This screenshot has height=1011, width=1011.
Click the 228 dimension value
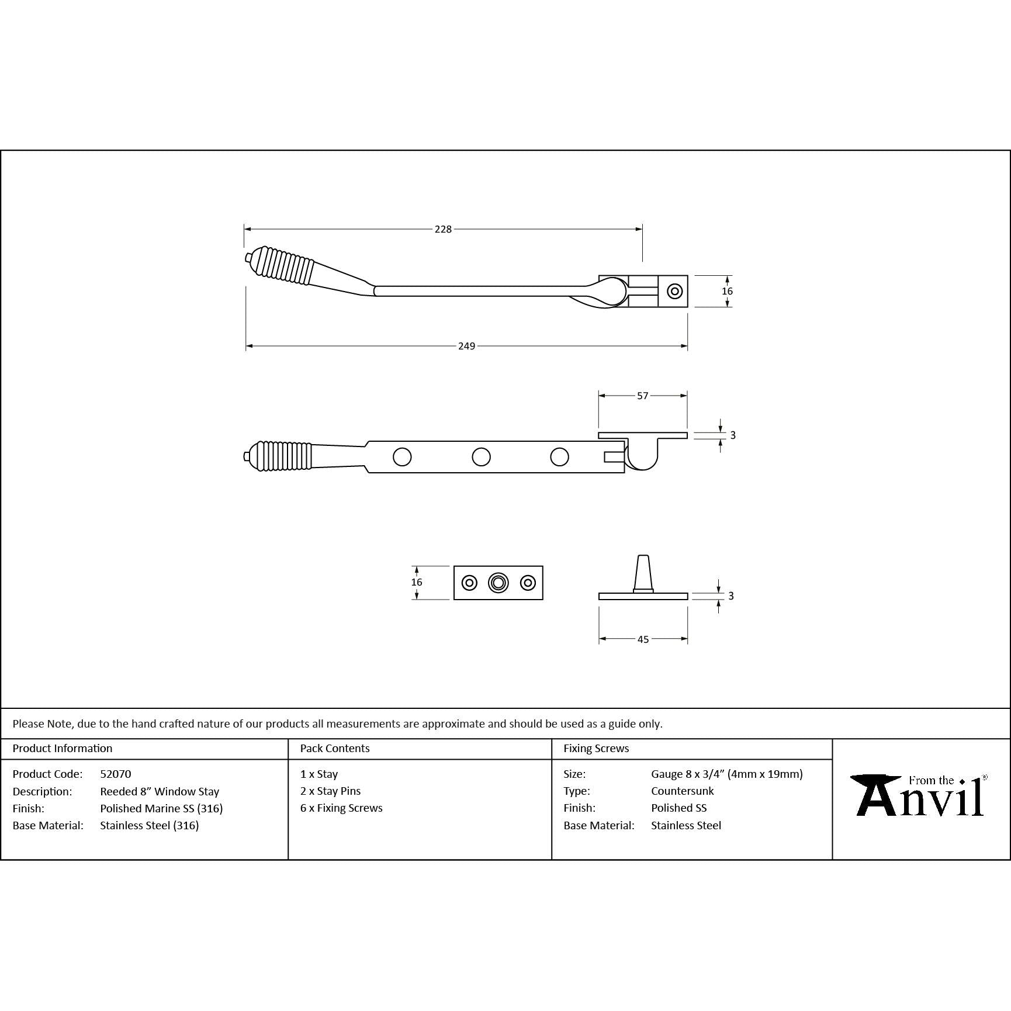coord(443,229)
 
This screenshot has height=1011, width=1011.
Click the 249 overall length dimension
coord(466,346)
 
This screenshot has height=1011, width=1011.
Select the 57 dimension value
coord(643,396)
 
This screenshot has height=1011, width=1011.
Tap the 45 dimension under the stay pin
coord(643,639)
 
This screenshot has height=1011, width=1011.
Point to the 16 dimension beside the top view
coord(727,291)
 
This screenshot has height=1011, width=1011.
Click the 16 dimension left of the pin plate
coord(416,582)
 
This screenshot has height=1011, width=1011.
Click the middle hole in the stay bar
coord(481,457)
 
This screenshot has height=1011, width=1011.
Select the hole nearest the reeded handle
coord(402,457)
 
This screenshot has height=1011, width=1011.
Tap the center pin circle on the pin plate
coord(498,583)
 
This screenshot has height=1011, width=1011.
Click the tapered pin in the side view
coord(643,573)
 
